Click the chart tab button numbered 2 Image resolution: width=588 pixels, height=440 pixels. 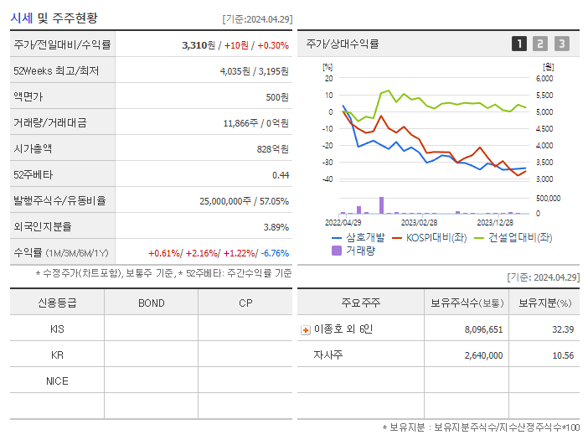(x=540, y=44)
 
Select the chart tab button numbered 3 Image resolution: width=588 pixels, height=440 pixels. (x=561, y=44)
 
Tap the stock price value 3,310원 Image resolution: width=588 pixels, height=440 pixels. (x=200, y=45)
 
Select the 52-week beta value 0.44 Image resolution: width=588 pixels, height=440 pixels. (x=280, y=174)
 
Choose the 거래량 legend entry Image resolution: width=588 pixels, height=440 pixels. (x=360, y=250)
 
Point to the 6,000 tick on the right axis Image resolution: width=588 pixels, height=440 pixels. (x=544, y=78)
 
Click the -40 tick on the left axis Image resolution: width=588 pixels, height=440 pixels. (x=327, y=179)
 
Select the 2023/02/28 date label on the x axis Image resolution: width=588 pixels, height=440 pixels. (x=419, y=222)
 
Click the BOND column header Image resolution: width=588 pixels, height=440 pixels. (x=151, y=303)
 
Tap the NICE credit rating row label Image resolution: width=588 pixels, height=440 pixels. (x=57, y=380)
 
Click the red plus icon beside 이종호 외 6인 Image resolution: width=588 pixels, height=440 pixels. (x=305, y=330)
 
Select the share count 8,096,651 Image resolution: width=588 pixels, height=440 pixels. (x=483, y=329)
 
